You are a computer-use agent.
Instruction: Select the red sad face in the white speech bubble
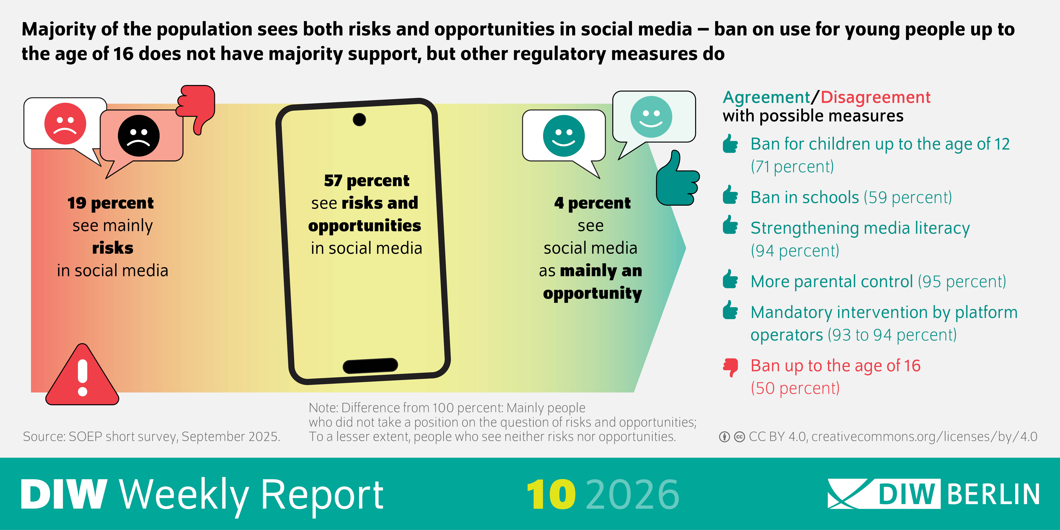65,123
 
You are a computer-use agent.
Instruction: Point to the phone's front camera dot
359,119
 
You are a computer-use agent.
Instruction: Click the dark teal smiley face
564,136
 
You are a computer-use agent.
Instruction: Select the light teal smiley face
651,117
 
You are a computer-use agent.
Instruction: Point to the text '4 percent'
592,203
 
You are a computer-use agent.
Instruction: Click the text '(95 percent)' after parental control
962,281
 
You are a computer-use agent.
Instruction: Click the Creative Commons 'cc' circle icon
739,437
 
